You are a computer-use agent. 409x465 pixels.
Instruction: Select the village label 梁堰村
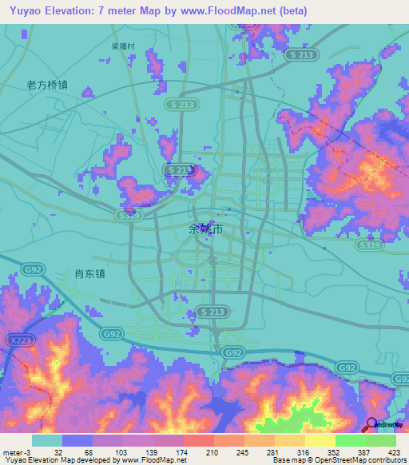click(x=124, y=46)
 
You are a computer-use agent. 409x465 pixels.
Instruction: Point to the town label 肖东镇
click(x=89, y=272)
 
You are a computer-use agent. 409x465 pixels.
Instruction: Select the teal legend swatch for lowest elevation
click(x=47, y=440)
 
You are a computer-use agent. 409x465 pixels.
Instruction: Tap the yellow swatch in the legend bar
click(x=320, y=440)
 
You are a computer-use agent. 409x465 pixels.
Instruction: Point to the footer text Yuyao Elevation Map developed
click(x=64, y=460)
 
